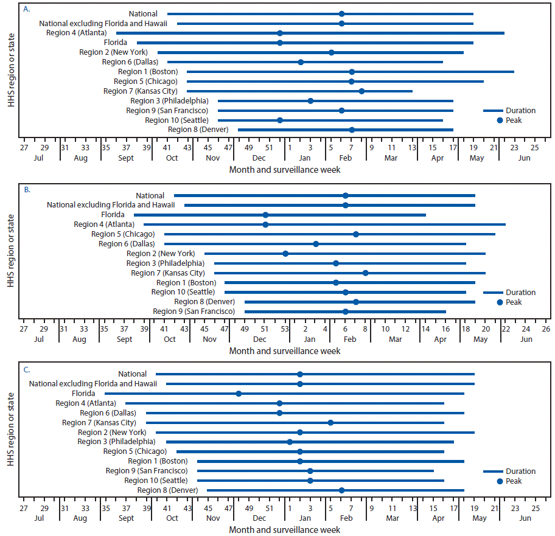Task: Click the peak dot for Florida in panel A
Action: tap(280, 43)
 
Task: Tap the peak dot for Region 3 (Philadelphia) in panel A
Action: tap(310, 101)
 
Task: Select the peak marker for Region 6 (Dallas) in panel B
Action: tap(316, 244)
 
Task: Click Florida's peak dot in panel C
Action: tap(239, 394)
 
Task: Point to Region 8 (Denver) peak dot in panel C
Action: tap(341, 490)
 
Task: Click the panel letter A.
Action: tap(26, 9)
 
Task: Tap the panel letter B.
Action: tap(26, 190)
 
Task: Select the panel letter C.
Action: tap(26, 369)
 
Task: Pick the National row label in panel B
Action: tap(150, 196)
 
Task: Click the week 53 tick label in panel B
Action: tap(285, 329)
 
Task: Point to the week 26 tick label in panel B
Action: tap(546, 329)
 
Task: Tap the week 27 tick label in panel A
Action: tap(24, 147)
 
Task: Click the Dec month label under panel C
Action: tap(259, 518)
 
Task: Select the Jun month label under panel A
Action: tap(524, 158)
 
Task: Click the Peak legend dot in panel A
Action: tap(500, 120)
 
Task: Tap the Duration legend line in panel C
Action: tap(492, 472)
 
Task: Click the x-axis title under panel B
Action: tap(285, 351)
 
